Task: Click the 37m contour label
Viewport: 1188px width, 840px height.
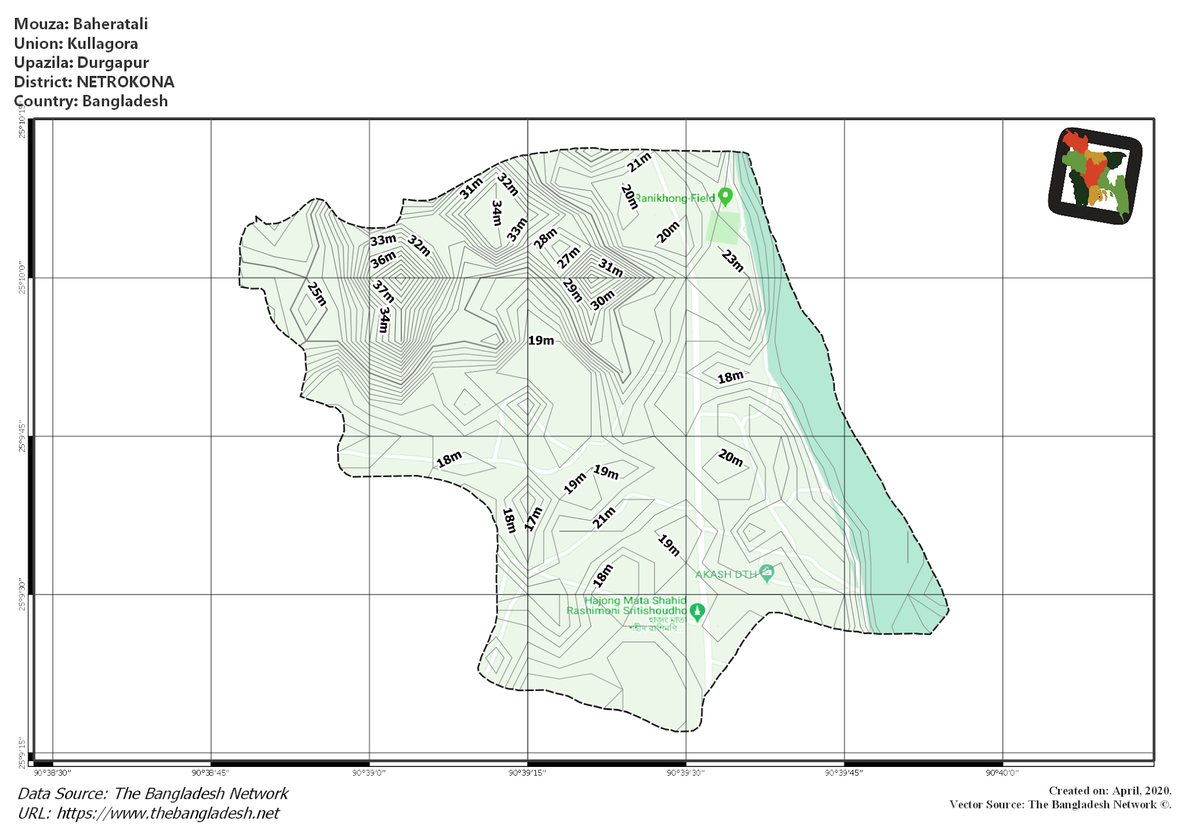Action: tap(383, 292)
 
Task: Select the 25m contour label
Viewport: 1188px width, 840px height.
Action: tap(317, 294)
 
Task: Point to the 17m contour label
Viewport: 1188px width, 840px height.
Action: tap(533, 519)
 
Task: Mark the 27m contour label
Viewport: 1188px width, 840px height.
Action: tap(568, 257)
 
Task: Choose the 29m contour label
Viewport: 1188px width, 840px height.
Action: tap(572, 290)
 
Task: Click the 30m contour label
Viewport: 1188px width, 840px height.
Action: tap(602, 300)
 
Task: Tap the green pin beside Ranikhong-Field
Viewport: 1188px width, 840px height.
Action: tap(725, 197)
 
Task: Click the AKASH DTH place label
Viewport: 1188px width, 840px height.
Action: tap(726, 574)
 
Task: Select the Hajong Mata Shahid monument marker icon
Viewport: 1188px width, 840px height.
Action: tap(697, 611)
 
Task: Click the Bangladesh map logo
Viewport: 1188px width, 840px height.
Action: tap(1095, 176)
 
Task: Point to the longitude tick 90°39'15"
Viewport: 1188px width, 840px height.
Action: tap(527, 773)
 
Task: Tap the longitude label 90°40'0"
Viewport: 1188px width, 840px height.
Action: tap(1002, 773)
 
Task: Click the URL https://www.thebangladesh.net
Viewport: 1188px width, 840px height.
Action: tap(168, 813)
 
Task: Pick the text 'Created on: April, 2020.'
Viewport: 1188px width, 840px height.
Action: tap(1110, 791)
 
